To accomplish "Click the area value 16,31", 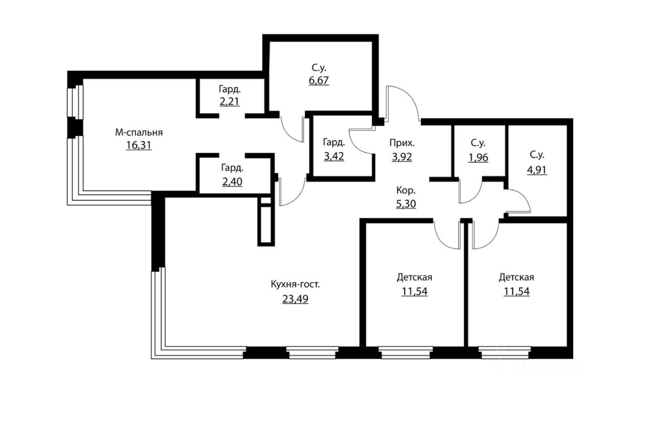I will [139, 145].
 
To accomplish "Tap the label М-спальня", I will [139, 133].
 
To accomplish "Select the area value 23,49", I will [295, 299].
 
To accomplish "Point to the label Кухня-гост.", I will [295, 285].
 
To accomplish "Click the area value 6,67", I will [318, 80].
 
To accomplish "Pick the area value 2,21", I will [230, 101].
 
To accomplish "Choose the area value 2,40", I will [232, 180].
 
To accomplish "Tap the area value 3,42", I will [334, 156].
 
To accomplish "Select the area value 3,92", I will [402, 157].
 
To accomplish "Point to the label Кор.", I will [406, 190].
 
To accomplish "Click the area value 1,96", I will [478, 157].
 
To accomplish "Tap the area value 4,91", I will [537, 170].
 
